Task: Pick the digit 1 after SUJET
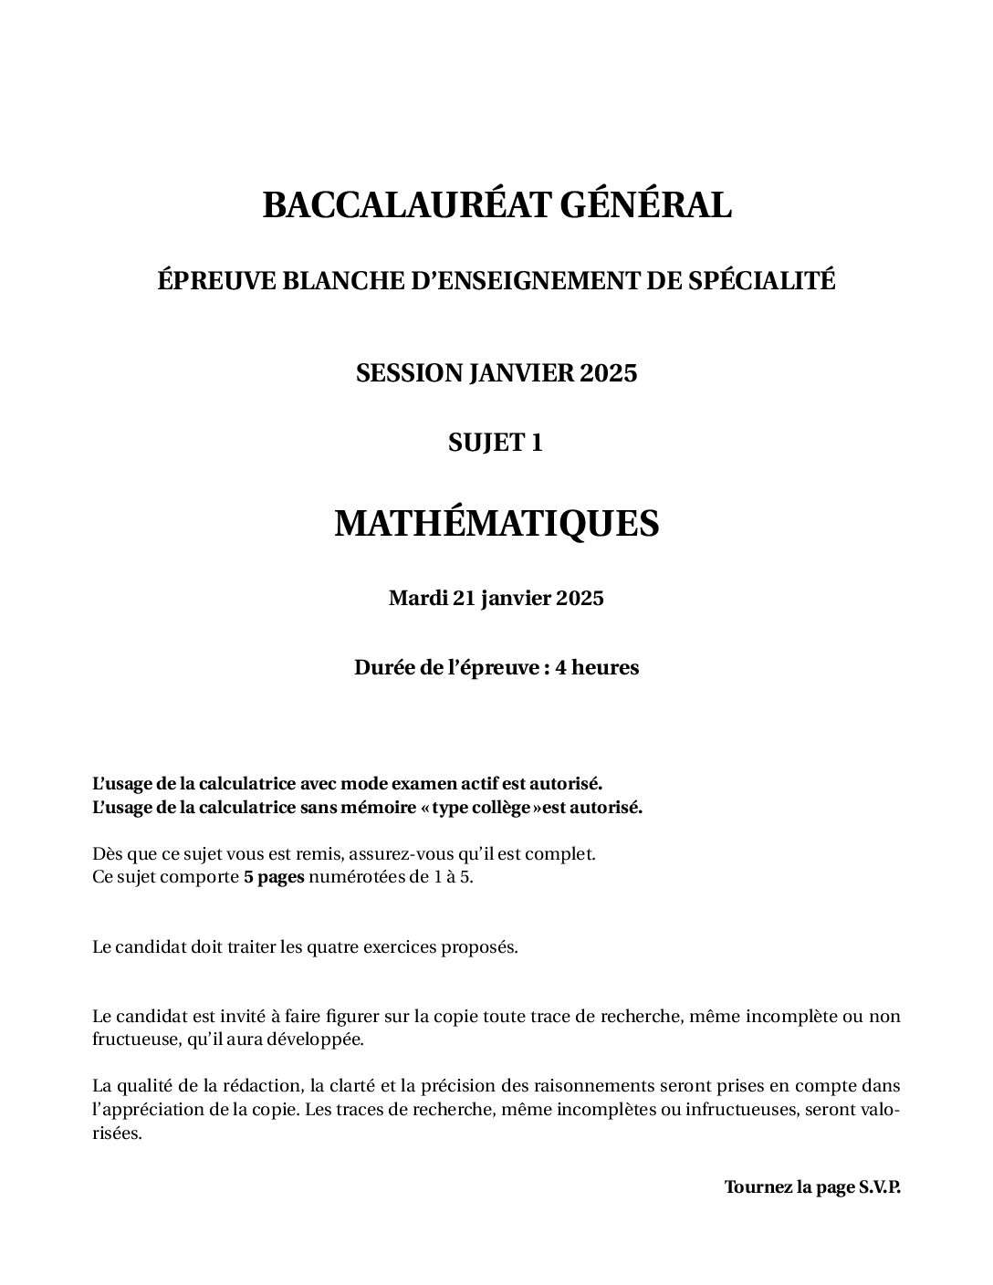click(x=537, y=443)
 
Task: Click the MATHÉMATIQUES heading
click(x=496, y=524)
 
